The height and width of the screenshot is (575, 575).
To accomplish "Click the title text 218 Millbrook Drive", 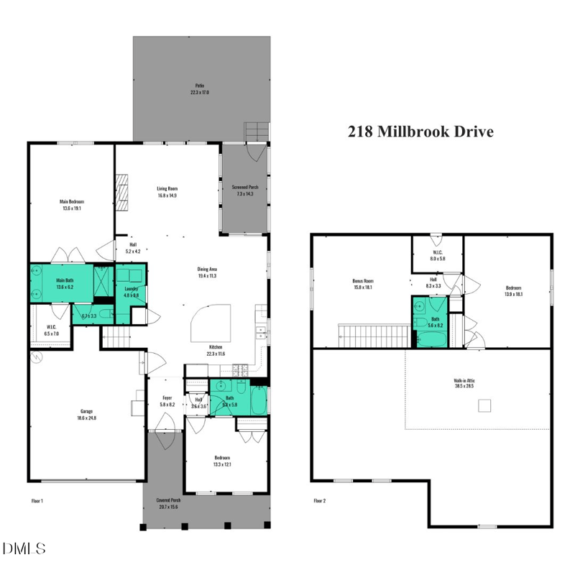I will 420,132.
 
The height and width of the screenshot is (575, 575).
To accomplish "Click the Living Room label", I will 167,192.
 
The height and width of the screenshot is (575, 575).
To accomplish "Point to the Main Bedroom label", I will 70,205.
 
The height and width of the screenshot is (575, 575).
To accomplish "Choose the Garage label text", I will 86,415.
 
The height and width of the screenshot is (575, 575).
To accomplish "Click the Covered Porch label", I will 169,504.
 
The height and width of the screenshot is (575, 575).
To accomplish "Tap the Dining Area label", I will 208,272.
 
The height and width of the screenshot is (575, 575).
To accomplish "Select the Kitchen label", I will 214,351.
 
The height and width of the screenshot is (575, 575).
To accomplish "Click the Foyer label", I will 166,401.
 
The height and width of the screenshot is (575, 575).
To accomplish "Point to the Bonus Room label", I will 363,284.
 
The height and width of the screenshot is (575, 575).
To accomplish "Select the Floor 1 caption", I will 38,500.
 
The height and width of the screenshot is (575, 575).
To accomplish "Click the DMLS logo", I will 24,549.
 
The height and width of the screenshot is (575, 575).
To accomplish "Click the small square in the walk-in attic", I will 484,407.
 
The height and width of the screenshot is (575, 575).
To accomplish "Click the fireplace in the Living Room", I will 123,193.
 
